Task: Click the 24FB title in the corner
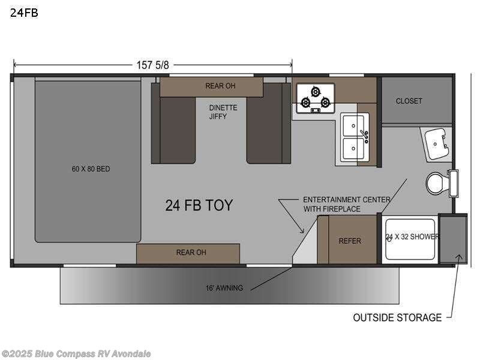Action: coord(24,12)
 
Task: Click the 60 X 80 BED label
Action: coord(91,169)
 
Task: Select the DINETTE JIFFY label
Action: coord(223,112)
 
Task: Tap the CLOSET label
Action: coord(409,101)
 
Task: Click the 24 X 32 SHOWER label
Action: coord(412,237)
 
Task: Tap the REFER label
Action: coord(350,241)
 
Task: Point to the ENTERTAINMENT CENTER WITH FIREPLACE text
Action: coord(340,204)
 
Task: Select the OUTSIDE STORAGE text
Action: coord(397,317)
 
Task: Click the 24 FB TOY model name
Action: coord(199,205)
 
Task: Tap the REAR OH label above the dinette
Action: coord(220,86)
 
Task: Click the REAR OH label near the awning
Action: coord(191,253)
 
